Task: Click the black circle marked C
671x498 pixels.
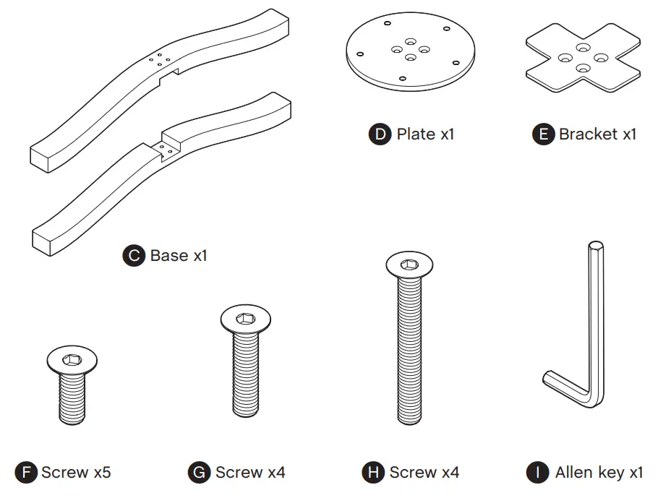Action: point(134,255)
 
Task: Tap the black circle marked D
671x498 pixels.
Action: point(380,134)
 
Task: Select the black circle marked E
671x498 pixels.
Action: point(543,134)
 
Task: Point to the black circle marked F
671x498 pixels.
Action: point(26,473)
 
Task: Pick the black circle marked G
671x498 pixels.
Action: point(199,473)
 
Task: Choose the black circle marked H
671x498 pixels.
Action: point(372,473)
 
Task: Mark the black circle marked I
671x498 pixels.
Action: point(537,473)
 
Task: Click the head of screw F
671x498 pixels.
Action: point(72,359)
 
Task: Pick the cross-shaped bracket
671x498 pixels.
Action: point(583,58)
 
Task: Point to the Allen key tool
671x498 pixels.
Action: point(594,325)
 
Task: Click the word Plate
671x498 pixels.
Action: point(416,134)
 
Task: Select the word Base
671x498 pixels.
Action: point(169,255)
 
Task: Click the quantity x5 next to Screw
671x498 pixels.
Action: point(101,473)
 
